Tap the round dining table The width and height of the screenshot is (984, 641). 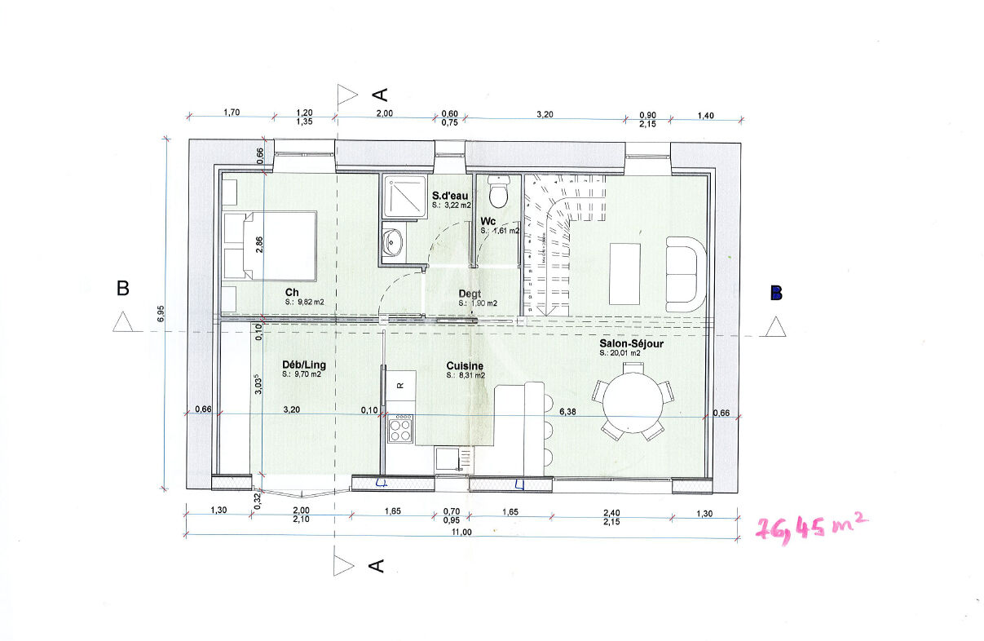pyautogui.click(x=633, y=403)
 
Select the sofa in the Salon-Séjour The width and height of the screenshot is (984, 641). pyautogui.click(x=686, y=275)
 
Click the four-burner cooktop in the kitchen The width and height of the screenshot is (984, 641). pyautogui.click(x=400, y=429)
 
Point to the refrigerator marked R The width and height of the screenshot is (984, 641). pyautogui.click(x=400, y=385)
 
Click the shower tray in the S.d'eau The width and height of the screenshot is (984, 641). pyautogui.click(x=404, y=196)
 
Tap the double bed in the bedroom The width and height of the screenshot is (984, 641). pyautogui.click(x=271, y=245)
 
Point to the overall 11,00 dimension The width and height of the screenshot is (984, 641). pyautogui.click(x=461, y=532)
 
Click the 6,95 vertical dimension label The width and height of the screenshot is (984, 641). pyautogui.click(x=161, y=313)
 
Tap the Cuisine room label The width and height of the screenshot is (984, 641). pyautogui.click(x=465, y=365)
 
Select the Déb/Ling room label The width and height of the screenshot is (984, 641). pyautogui.click(x=304, y=365)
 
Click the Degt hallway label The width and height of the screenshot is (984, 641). pyautogui.click(x=470, y=294)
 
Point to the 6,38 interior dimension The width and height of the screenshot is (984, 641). pyautogui.click(x=567, y=412)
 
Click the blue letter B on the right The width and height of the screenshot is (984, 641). pyautogui.click(x=776, y=293)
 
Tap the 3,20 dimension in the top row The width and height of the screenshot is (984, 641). pyautogui.click(x=545, y=114)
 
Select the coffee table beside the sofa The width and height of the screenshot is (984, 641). pyautogui.click(x=624, y=273)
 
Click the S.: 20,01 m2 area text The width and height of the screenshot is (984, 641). pyautogui.click(x=620, y=353)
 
